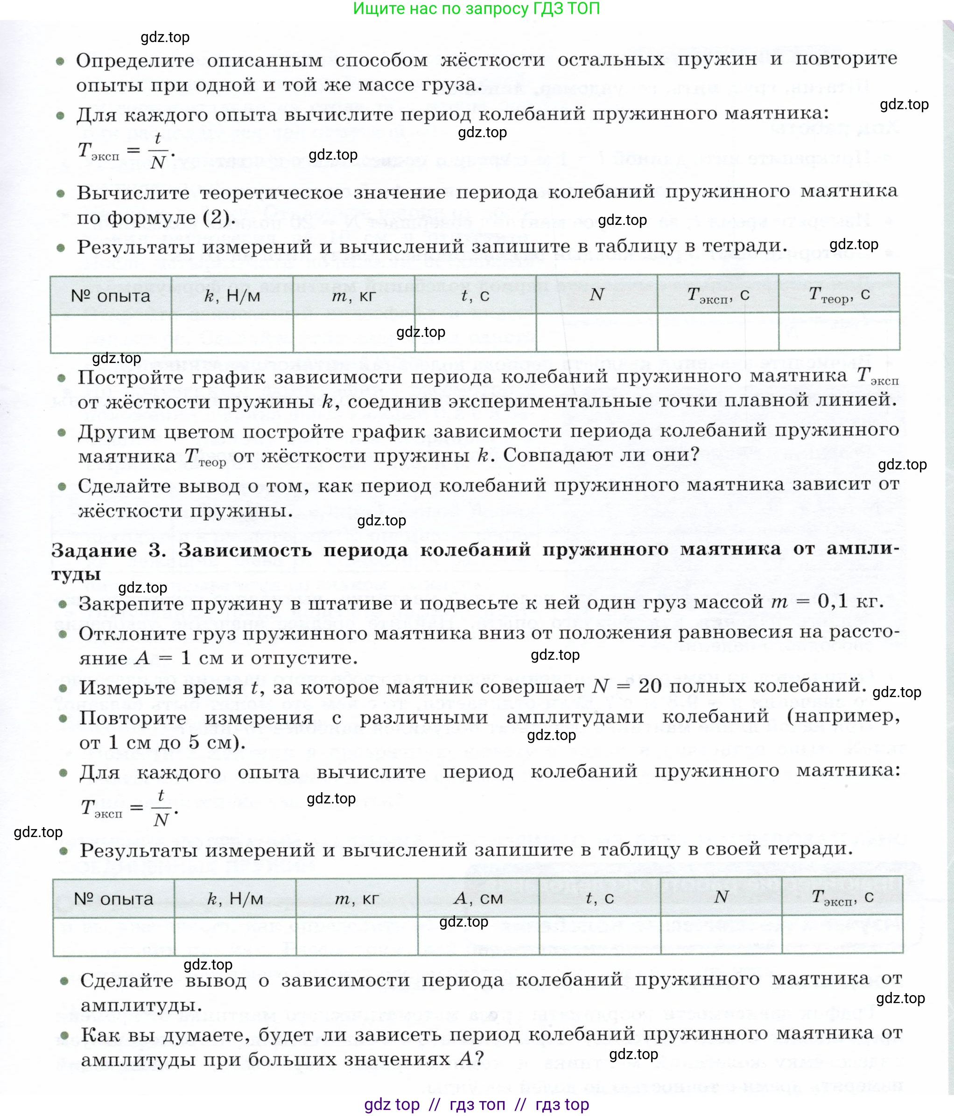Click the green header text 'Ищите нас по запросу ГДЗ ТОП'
pyautogui.click(x=476, y=8)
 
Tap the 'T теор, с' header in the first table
pyautogui.click(x=839, y=294)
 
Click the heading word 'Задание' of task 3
pyautogui.click(x=94, y=551)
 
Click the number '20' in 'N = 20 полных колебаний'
pyautogui.click(x=650, y=686)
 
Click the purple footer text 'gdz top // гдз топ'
pyautogui.click(x=476, y=1104)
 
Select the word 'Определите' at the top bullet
pyautogui.click(x=135, y=60)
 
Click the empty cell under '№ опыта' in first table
pyautogui.click(x=111, y=334)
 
